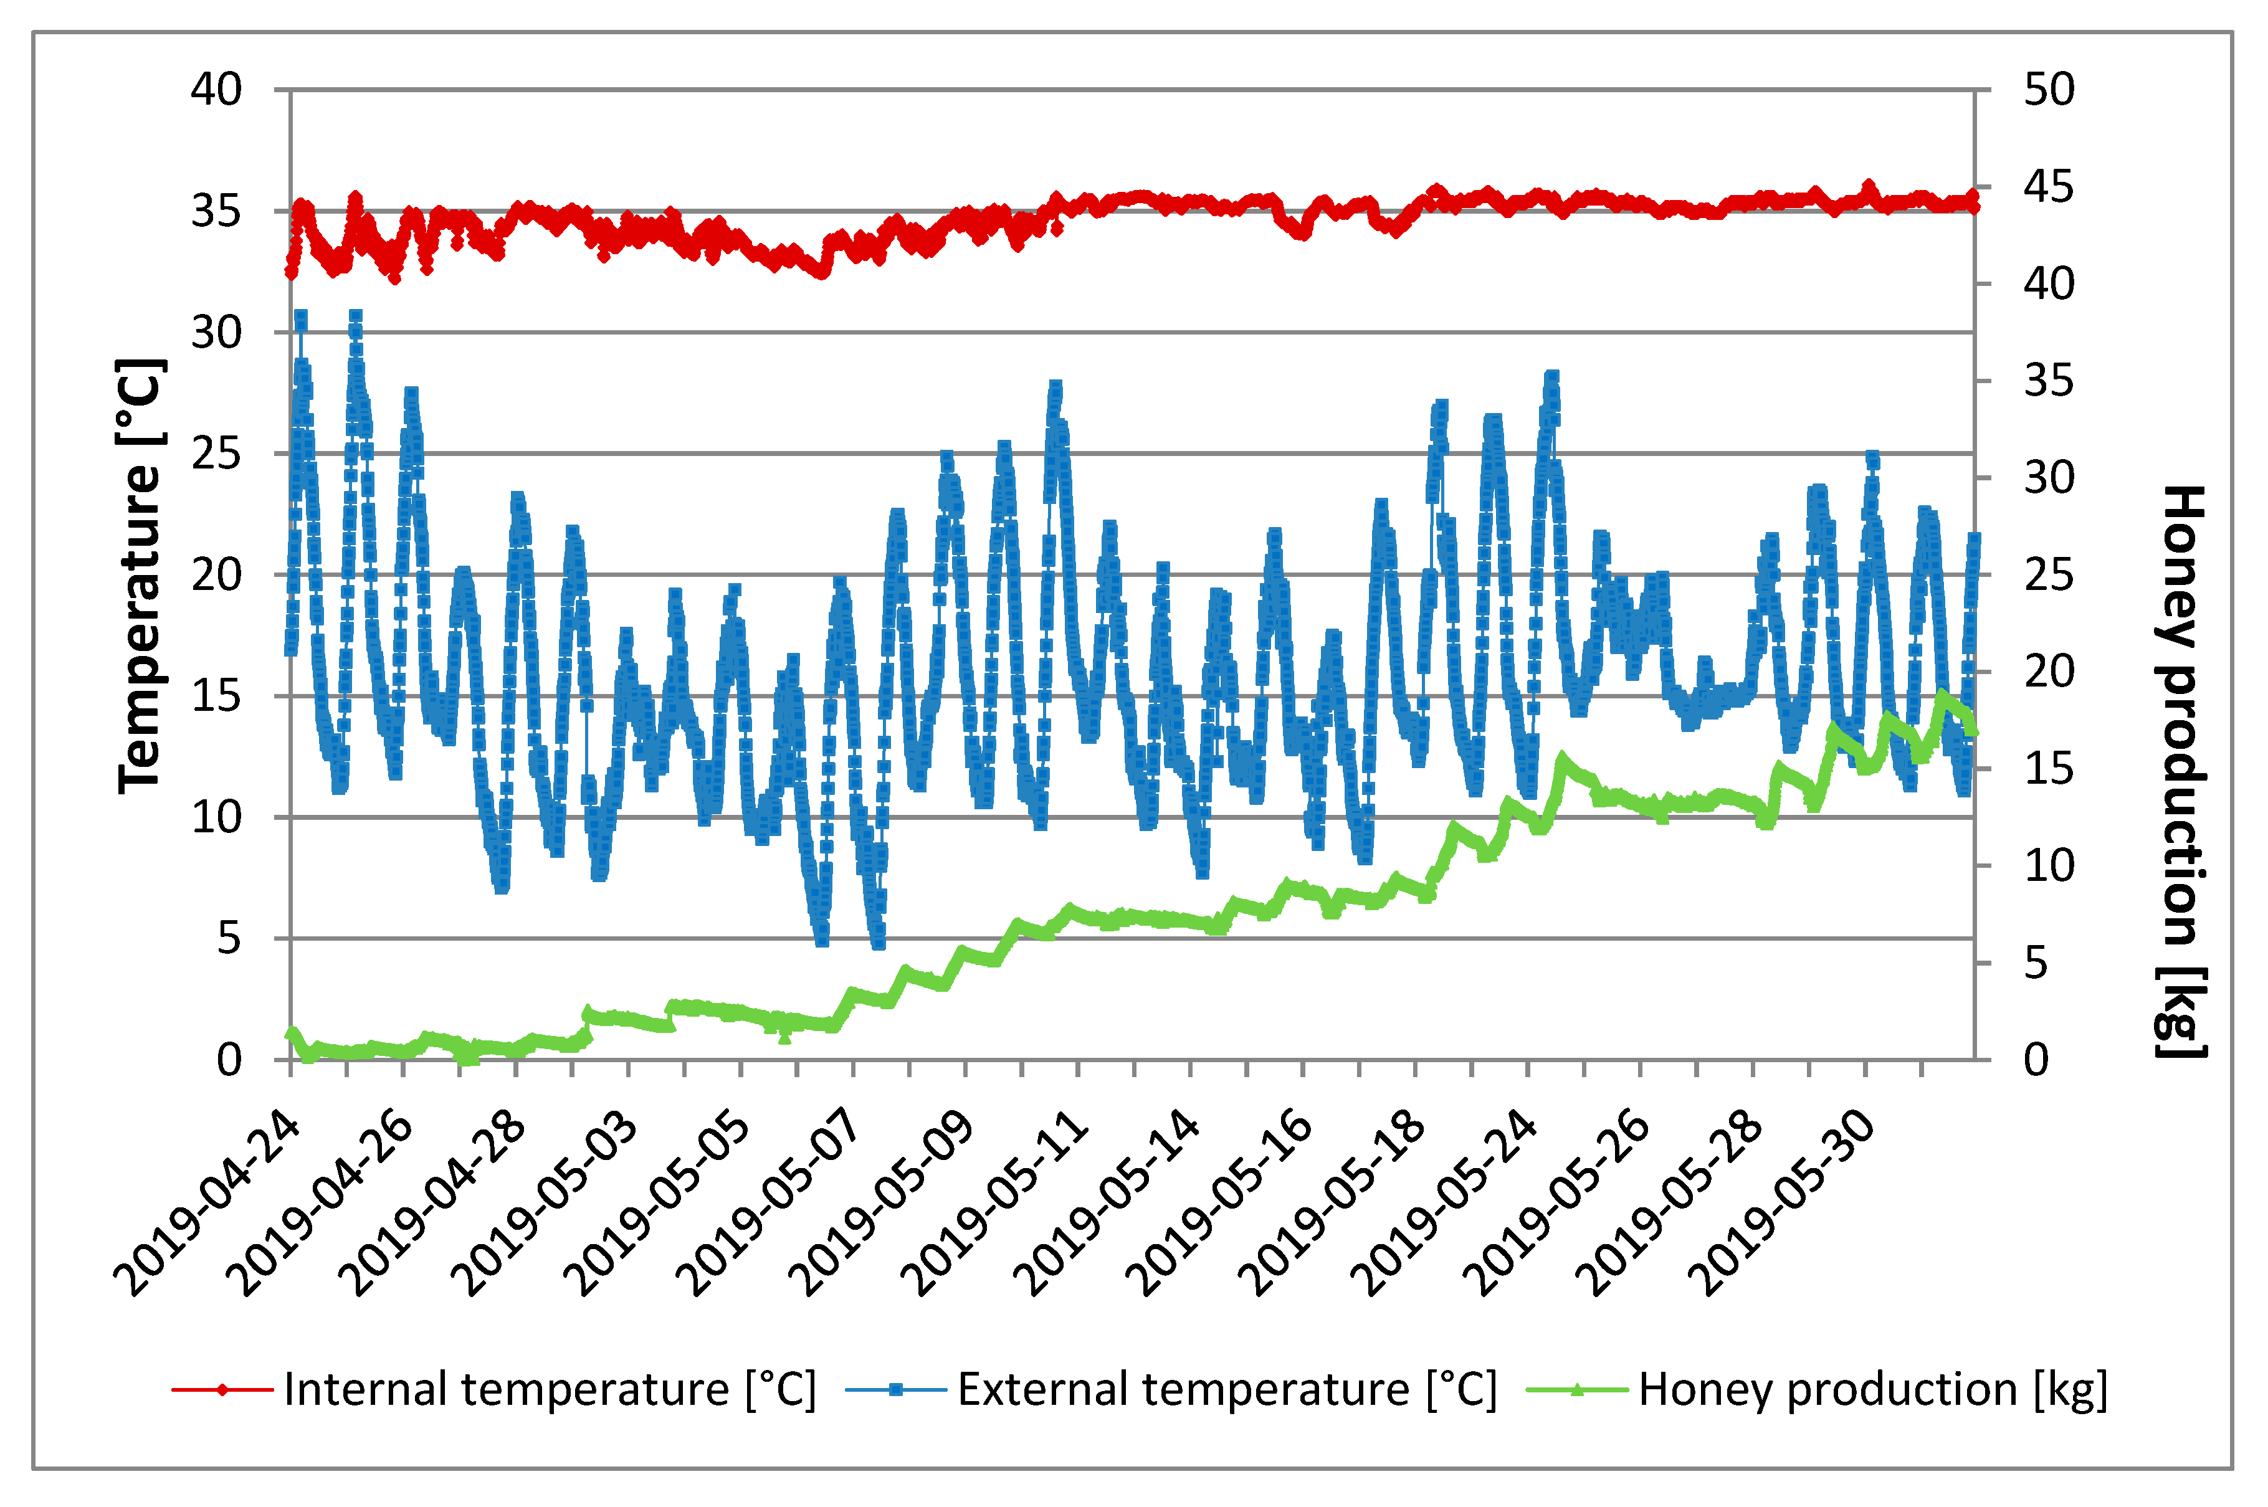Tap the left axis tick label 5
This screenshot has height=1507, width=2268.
click(x=229, y=938)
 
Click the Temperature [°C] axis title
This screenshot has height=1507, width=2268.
click(x=140, y=577)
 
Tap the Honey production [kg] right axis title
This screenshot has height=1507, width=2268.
click(x=2181, y=769)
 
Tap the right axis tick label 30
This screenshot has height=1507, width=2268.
click(x=2049, y=478)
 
